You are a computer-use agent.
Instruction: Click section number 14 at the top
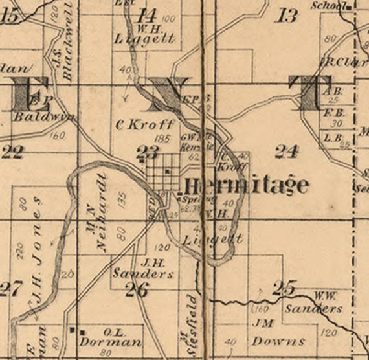pos(148,16)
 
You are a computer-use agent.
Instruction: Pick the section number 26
pos(137,290)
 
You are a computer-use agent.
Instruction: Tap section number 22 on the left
pos(12,152)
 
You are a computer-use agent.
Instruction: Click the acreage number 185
pos(163,139)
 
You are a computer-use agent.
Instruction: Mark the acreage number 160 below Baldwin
pos(58,136)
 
